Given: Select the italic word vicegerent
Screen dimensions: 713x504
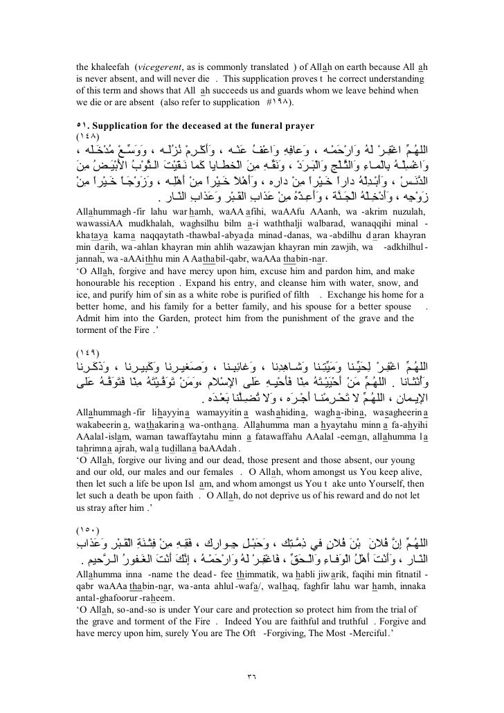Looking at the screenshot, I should pos(161,67).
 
